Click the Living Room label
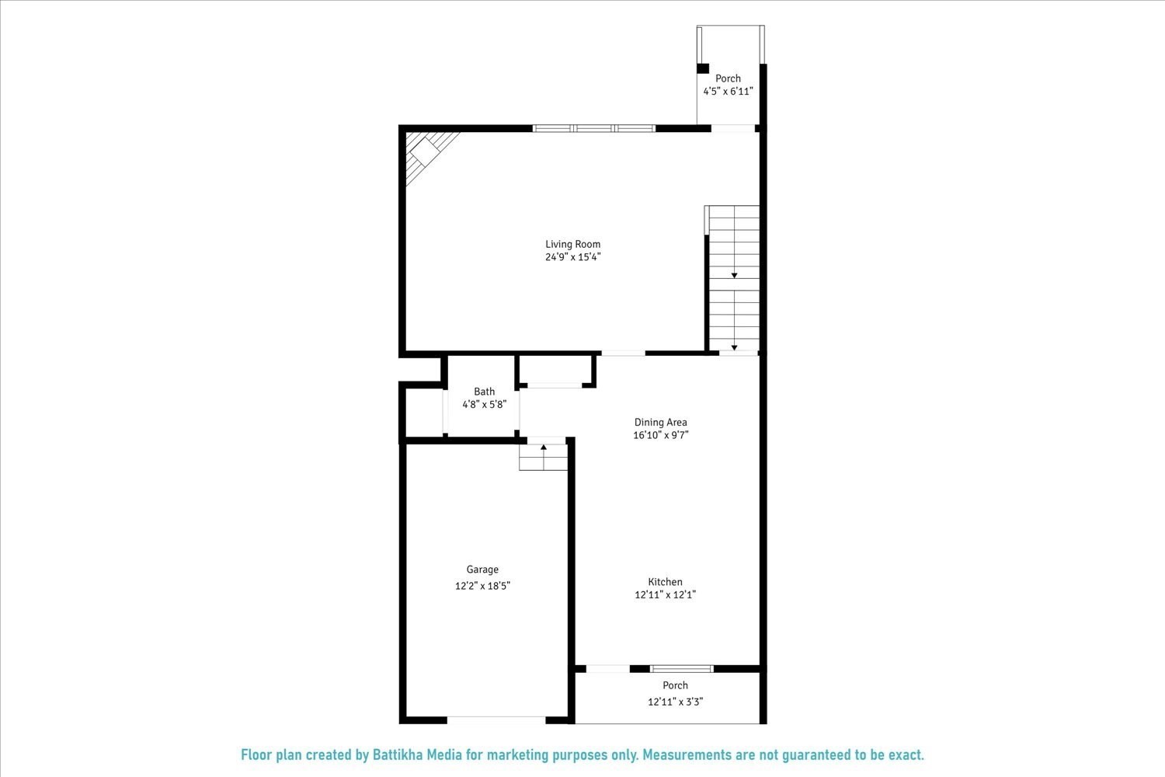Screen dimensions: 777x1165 pyautogui.click(x=572, y=244)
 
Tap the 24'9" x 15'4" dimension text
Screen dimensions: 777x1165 pyautogui.click(x=572, y=257)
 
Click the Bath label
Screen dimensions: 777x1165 pyautogui.click(x=484, y=392)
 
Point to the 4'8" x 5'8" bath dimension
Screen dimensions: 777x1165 pyautogui.click(x=484, y=405)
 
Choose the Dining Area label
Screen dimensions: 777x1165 pyautogui.click(x=660, y=423)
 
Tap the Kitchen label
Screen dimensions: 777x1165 pyautogui.click(x=665, y=582)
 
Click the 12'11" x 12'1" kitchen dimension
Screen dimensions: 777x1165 pyautogui.click(x=665, y=595)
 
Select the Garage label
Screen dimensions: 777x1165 pyautogui.click(x=482, y=570)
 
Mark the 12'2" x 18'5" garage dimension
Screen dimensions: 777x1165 pyautogui.click(x=482, y=586)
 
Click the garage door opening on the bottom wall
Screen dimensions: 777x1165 pyautogui.click(x=497, y=720)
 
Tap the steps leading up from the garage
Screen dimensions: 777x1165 pyautogui.click(x=544, y=457)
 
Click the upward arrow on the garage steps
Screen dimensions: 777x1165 pyautogui.click(x=544, y=447)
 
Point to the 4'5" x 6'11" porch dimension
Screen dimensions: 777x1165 pyautogui.click(x=728, y=92)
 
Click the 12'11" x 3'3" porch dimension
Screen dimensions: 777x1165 pyautogui.click(x=675, y=702)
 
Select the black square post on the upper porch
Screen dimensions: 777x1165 pyautogui.click(x=703, y=68)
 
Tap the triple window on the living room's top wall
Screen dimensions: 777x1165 pyautogui.click(x=594, y=128)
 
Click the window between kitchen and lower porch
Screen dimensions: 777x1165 pyautogui.click(x=681, y=668)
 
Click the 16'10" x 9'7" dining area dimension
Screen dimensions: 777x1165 pyautogui.click(x=660, y=436)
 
